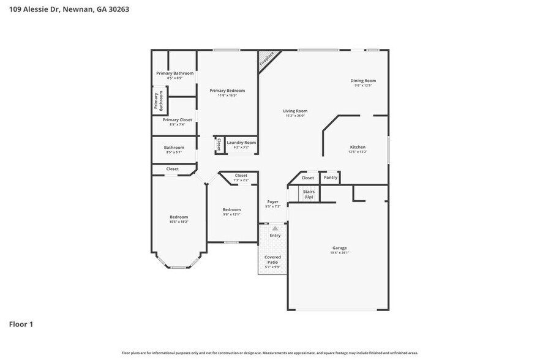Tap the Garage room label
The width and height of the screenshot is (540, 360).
(x=340, y=248)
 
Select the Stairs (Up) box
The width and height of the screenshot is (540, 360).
(x=309, y=194)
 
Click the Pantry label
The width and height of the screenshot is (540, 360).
(x=331, y=178)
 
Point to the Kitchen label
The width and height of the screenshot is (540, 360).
(x=358, y=147)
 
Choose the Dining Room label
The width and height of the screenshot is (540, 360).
(x=363, y=81)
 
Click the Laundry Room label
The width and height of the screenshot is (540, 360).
(x=241, y=143)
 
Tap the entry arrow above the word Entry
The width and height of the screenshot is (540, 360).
(x=275, y=228)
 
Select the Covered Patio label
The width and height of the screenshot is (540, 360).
(x=272, y=260)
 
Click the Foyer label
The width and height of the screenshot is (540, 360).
(x=272, y=201)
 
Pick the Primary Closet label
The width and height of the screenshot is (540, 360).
(x=178, y=120)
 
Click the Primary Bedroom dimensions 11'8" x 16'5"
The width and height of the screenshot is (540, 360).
(x=227, y=96)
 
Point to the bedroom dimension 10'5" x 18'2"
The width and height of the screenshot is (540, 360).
(x=179, y=222)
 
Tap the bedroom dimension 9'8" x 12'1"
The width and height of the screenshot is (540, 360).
(x=231, y=214)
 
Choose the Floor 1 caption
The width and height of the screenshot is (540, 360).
(x=21, y=324)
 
